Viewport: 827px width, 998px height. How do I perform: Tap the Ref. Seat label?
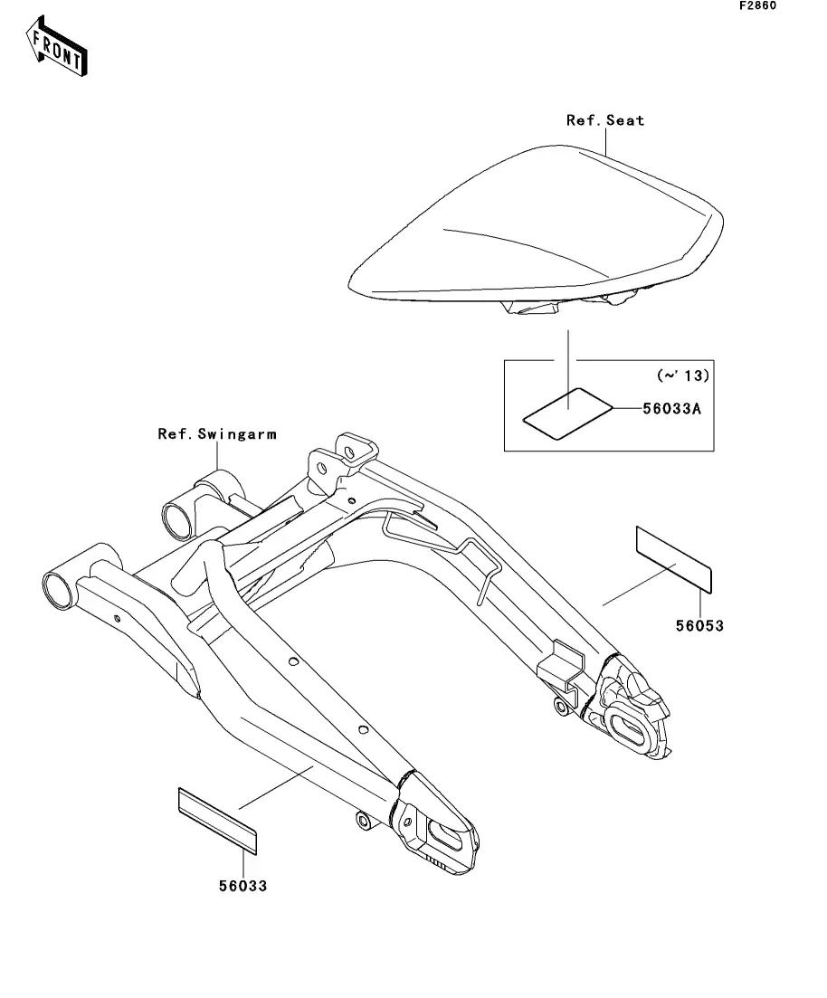tap(605, 120)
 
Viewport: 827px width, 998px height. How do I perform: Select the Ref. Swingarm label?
tap(217, 434)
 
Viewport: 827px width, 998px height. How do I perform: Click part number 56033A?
tap(670, 409)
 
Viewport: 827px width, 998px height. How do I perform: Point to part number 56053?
tap(699, 625)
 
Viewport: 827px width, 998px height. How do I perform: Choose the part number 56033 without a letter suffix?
tap(242, 886)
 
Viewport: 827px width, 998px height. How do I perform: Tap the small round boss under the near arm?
tap(365, 822)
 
